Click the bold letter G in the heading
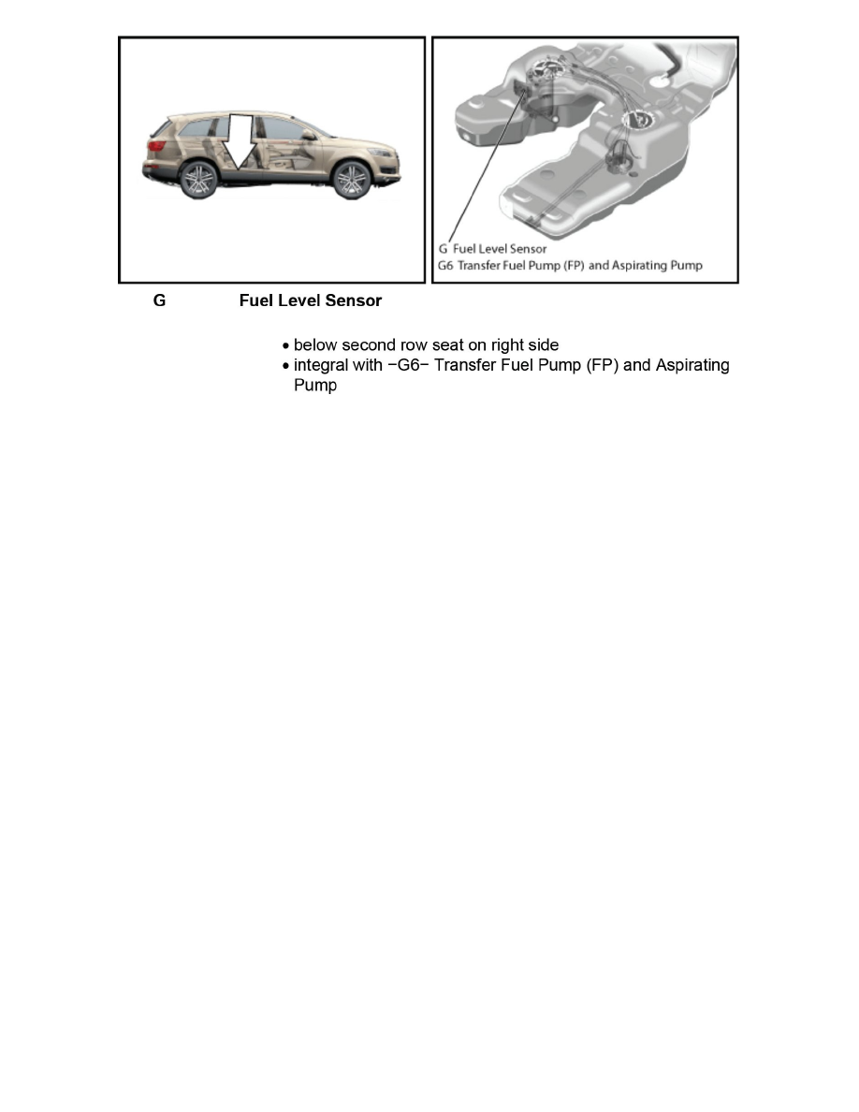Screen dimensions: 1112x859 [x=159, y=301]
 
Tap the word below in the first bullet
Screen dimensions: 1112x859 [x=315, y=345]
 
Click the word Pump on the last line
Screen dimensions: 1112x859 [x=314, y=385]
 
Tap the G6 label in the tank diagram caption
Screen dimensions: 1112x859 [x=445, y=265]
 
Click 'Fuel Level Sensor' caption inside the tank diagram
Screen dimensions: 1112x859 [x=499, y=249]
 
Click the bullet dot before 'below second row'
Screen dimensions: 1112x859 [x=285, y=346]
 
